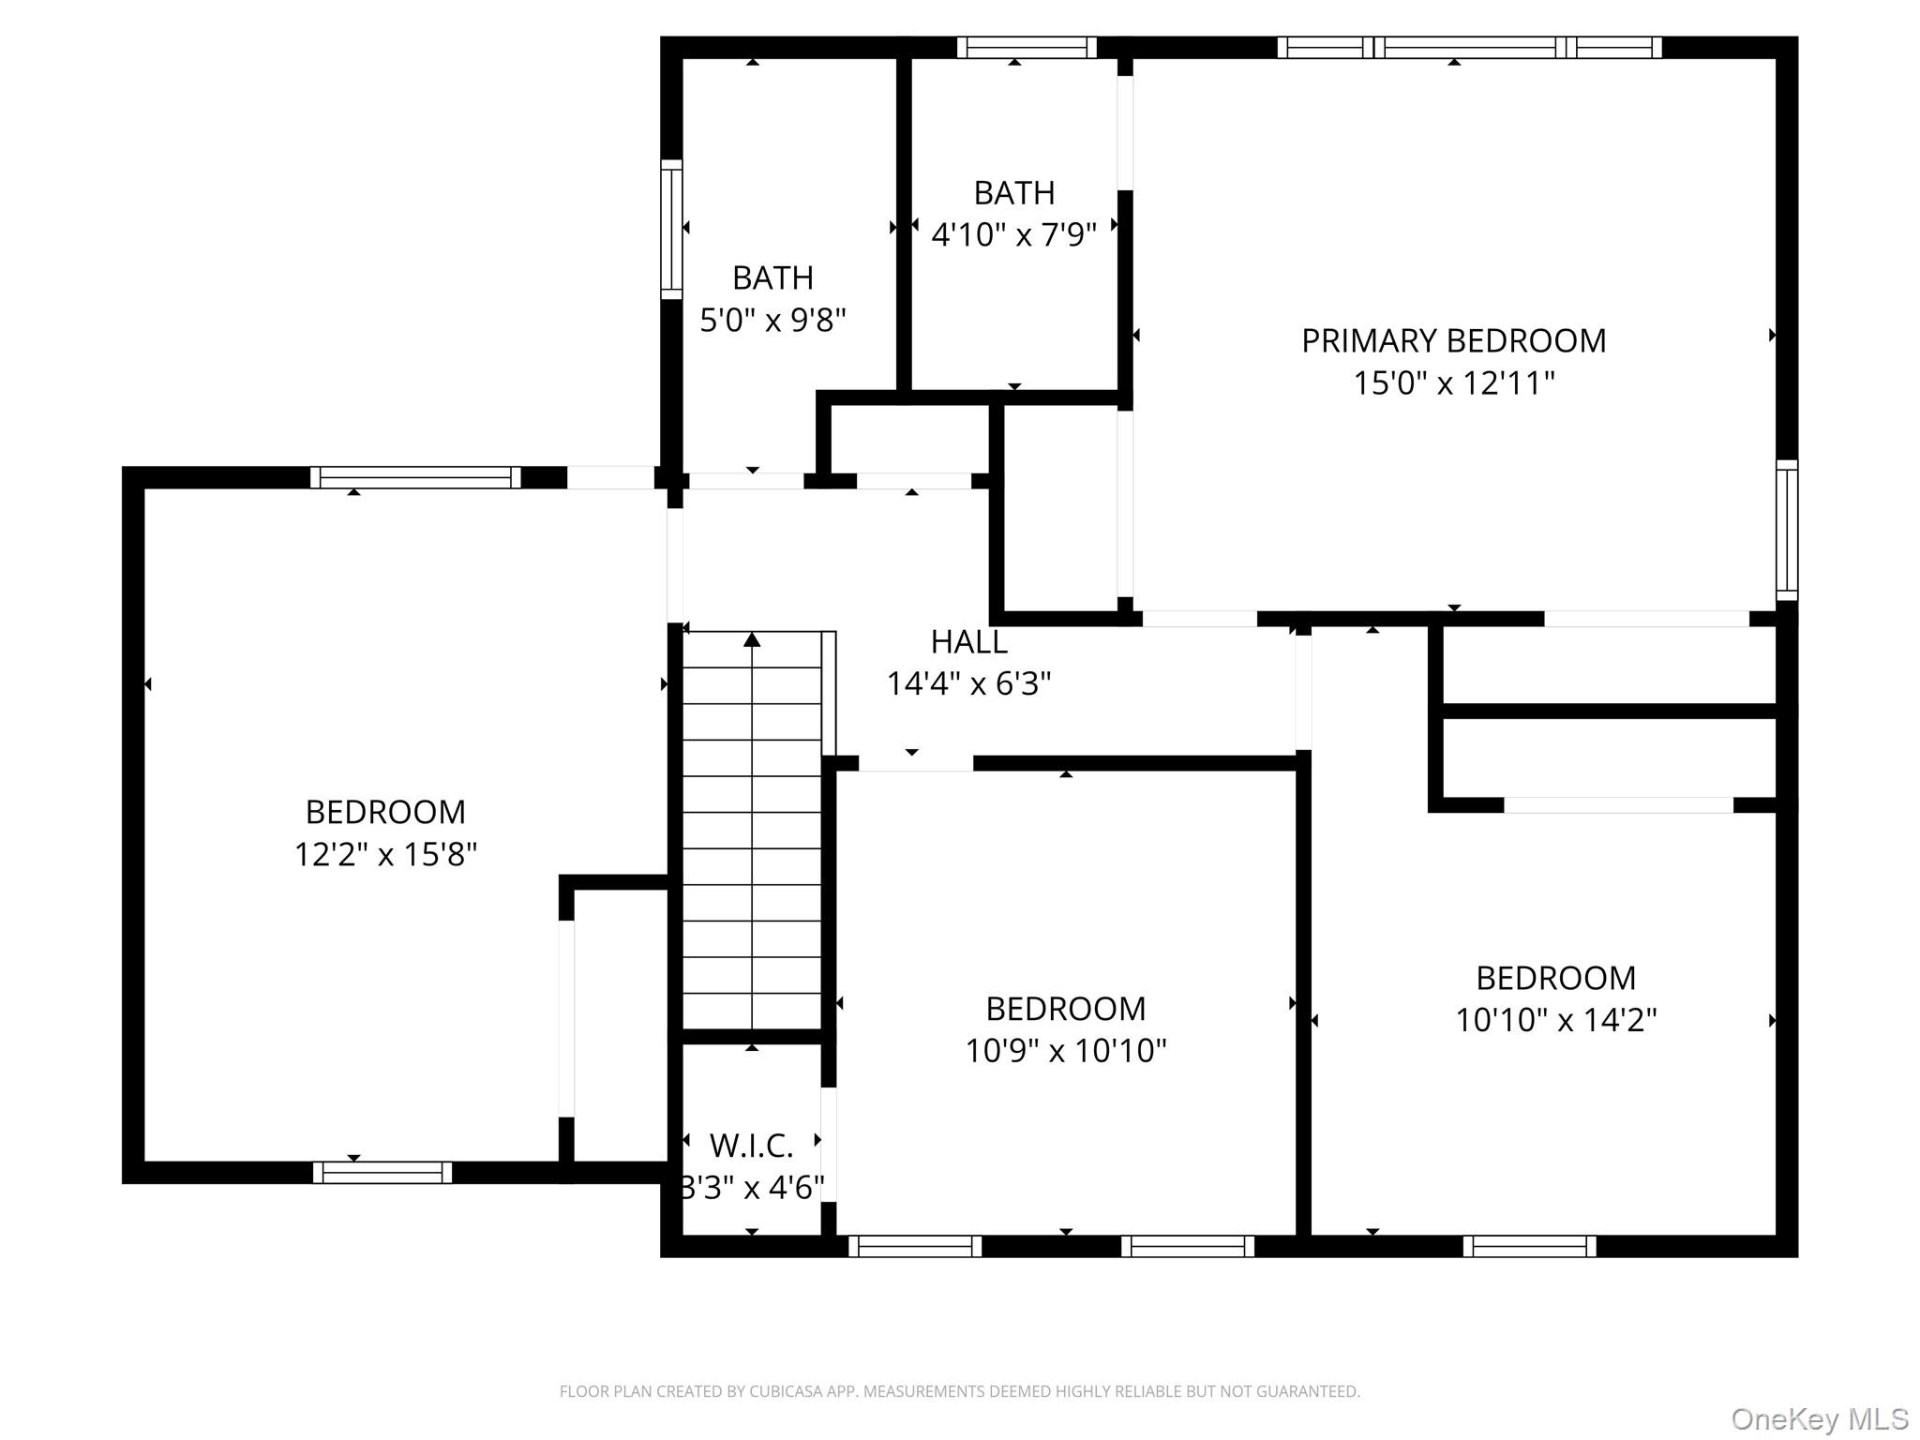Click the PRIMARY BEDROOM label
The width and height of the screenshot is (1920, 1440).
pyautogui.click(x=1453, y=340)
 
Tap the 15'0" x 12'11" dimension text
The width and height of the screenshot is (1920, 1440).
pyautogui.click(x=1453, y=382)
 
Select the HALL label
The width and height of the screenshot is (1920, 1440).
pyautogui.click(x=969, y=642)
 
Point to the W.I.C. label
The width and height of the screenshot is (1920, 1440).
pyautogui.click(x=752, y=1146)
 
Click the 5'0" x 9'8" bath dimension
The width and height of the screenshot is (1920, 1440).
pyautogui.click(x=773, y=321)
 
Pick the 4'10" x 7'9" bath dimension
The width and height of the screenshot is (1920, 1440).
pyautogui.click(x=1013, y=234)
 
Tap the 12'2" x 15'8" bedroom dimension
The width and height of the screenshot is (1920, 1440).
pyautogui.click(x=385, y=854)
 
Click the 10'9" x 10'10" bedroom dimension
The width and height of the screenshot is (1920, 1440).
pyautogui.click(x=1066, y=1050)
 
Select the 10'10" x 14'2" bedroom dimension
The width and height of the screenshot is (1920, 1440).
pyautogui.click(x=1555, y=1020)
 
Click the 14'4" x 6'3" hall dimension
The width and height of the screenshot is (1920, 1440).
pyautogui.click(x=969, y=684)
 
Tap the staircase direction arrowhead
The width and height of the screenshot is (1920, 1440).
pyautogui.click(x=752, y=639)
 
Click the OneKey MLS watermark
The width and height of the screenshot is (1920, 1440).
pyautogui.click(x=1820, y=1418)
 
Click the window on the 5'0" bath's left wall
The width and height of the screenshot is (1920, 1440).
pyautogui.click(x=671, y=230)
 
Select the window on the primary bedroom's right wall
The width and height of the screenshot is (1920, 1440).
pyautogui.click(x=1787, y=531)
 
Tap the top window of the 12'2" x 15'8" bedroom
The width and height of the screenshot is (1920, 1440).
pyautogui.click(x=415, y=477)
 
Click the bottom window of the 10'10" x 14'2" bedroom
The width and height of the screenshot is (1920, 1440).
pyautogui.click(x=1530, y=1246)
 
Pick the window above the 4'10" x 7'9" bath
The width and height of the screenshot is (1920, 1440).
pyautogui.click(x=1027, y=47)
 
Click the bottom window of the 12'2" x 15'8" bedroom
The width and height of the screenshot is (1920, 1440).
pyautogui.click(x=382, y=1173)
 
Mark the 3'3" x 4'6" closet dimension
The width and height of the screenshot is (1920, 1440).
pyautogui.click(x=752, y=1188)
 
